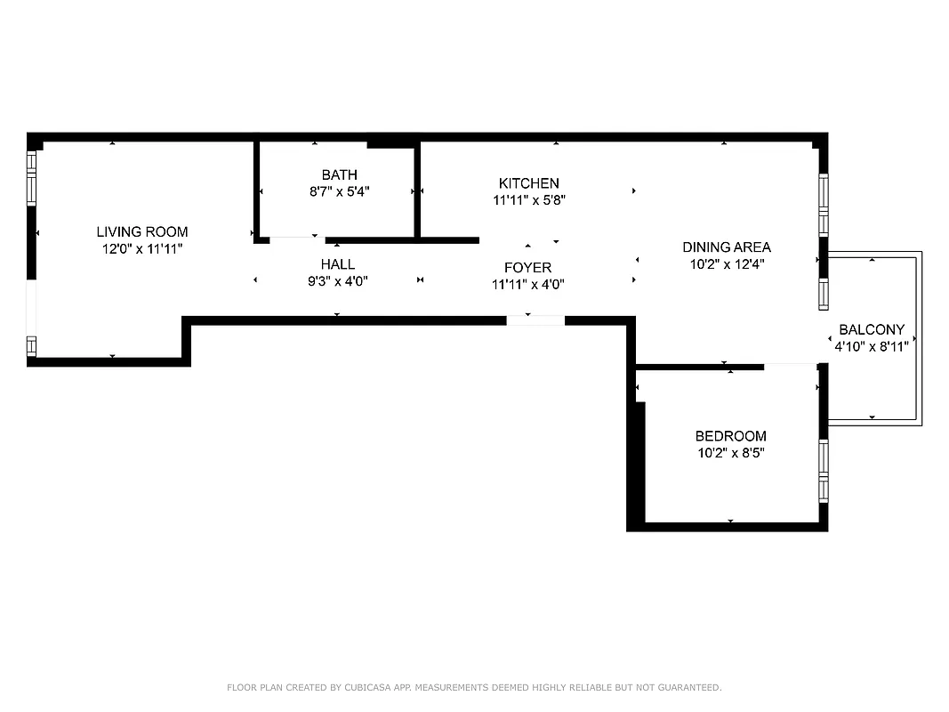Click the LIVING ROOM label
click(x=142, y=232)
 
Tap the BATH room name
click(x=339, y=174)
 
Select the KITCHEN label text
click(x=529, y=183)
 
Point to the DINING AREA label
click(x=726, y=247)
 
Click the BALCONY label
click(x=871, y=329)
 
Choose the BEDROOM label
click(x=730, y=436)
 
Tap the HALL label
click(x=338, y=264)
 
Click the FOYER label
click(x=527, y=268)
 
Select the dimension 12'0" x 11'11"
click(x=142, y=250)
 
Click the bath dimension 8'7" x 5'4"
click(x=339, y=191)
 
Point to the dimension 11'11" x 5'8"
click(x=529, y=200)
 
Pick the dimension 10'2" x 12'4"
click(x=726, y=264)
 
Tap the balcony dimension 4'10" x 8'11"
click(x=871, y=346)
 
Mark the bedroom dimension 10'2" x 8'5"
click(x=730, y=453)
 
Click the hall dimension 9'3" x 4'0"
click(x=338, y=281)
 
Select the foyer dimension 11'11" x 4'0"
click(x=527, y=285)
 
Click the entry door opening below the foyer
click(x=535, y=320)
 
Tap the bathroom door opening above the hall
click(x=296, y=239)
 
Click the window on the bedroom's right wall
click(x=824, y=470)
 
